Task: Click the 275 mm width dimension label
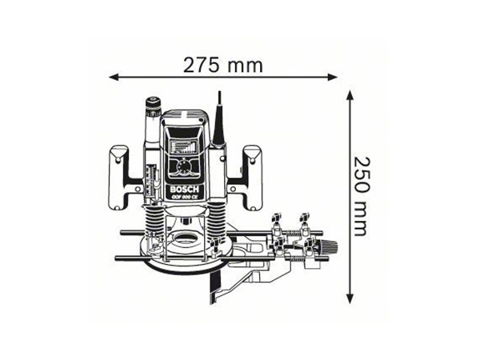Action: pos(223,66)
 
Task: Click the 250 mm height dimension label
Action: pos(360,197)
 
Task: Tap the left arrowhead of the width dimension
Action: pos(114,77)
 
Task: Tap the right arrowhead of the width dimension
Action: pos(333,77)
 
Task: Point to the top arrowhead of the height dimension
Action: pos(350,95)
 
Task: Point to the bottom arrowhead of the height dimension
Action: pos(350,299)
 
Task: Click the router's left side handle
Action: pos(118,178)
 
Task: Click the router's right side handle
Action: pos(253,178)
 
